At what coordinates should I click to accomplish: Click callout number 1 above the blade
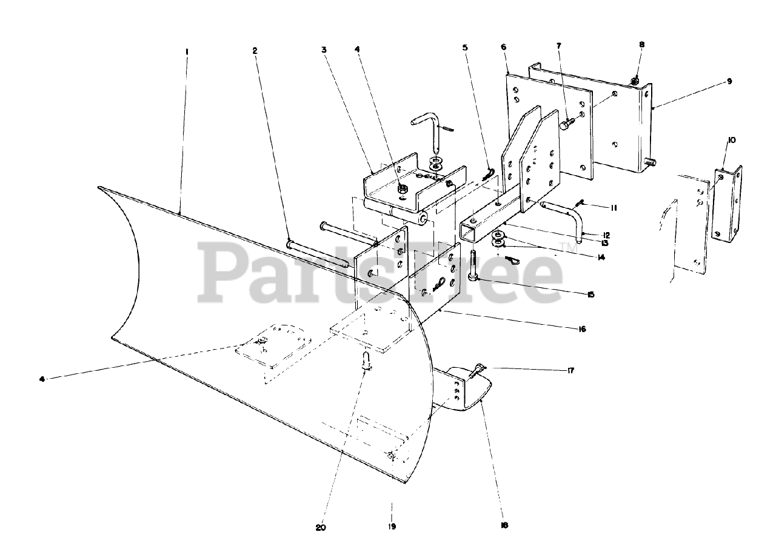(187, 52)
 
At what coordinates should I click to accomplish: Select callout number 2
(255, 51)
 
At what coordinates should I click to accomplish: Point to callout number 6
(504, 47)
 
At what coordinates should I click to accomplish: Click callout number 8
(641, 44)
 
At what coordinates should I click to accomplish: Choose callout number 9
(730, 81)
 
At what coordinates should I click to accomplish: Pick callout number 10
(732, 140)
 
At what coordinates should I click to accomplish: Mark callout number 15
(590, 295)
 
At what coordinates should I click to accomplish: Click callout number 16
(581, 329)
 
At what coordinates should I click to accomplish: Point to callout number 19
(392, 526)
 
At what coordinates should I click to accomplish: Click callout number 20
(321, 527)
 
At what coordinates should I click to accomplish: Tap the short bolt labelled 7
(566, 124)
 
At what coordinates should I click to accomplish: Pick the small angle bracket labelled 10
(726, 206)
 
